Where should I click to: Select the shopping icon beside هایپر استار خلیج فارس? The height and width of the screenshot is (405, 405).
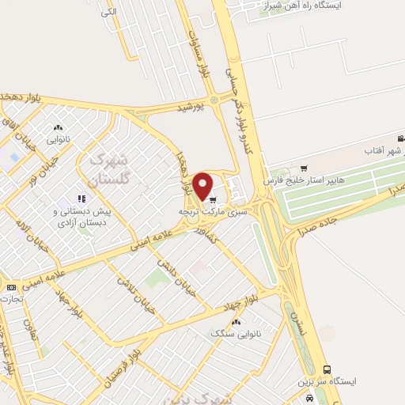pyautogui.click(x=305, y=167)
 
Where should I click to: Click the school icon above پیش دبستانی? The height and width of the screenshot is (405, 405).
pyautogui.click(x=81, y=199)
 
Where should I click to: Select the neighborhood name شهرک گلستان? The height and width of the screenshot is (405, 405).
pyautogui.click(x=104, y=169)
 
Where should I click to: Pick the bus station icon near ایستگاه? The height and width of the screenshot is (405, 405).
pyautogui.click(x=327, y=369)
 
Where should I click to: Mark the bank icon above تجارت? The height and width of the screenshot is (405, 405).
pyautogui.click(x=10, y=286)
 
